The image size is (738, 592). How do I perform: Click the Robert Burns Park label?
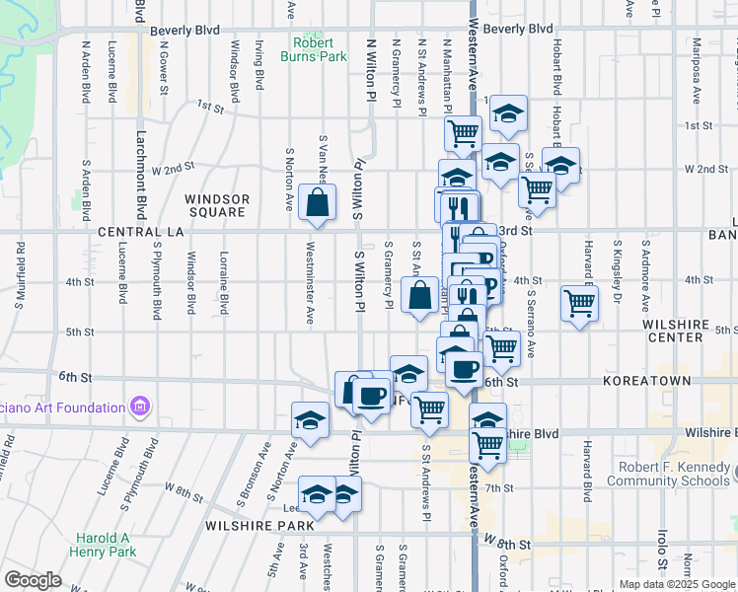(320, 49)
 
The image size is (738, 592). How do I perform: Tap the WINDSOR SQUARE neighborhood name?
(217, 205)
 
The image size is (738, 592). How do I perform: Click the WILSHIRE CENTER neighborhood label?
(675, 330)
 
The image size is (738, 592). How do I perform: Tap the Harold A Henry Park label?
(105, 546)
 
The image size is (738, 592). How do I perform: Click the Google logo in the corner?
(33, 580)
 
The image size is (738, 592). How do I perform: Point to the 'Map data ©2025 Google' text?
(676, 584)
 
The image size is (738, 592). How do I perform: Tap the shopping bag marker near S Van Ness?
(317, 205)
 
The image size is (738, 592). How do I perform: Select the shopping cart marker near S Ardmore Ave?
(579, 303)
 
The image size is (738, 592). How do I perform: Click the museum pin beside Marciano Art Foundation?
(139, 407)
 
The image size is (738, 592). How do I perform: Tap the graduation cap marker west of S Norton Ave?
(310, 420)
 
